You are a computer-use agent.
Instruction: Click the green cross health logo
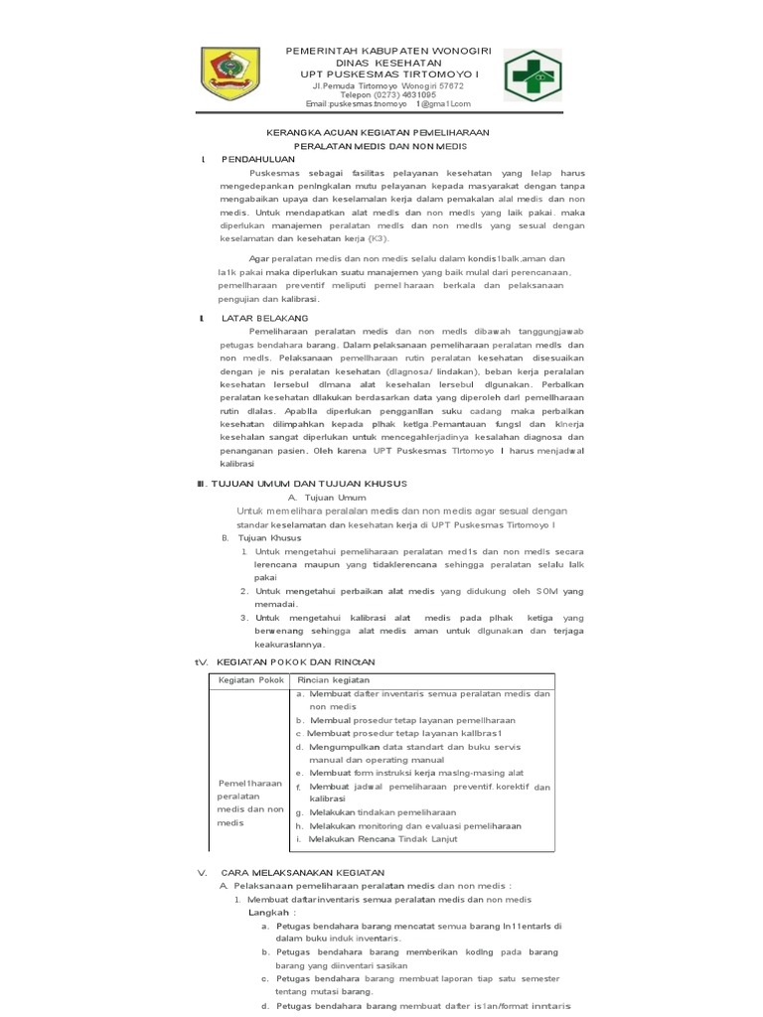tap(532, 76)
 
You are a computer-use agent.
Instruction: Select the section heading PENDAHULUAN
tap(258, 159)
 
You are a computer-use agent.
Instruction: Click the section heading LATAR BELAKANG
tap(265, 318)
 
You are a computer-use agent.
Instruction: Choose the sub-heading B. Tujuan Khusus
tap(258, 537)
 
